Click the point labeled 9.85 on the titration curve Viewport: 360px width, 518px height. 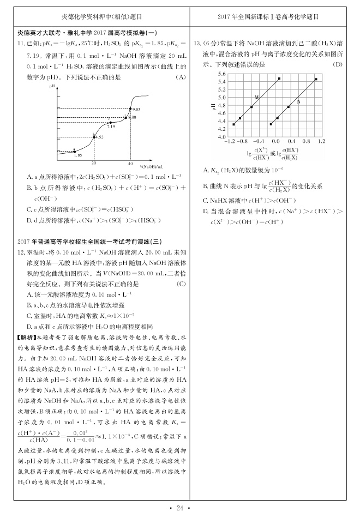pos(130,107)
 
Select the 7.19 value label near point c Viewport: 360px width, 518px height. pos(111,127)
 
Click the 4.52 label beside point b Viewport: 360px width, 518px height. pos(99,137)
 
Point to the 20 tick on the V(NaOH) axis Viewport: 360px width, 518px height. pos(94,163)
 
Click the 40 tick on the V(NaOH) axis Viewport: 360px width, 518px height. pos(130,163)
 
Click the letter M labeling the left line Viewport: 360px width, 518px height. pos(256,97)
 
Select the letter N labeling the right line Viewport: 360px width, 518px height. pos(298,101)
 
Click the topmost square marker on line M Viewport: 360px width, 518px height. pos(279,79)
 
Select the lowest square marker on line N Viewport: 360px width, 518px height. pos(271,124)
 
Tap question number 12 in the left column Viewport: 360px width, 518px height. pos(22,253)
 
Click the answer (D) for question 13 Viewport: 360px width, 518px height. pos(337,64)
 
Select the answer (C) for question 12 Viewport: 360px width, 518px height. pos(181,284)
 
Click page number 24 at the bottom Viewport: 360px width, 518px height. pos(179,508)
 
